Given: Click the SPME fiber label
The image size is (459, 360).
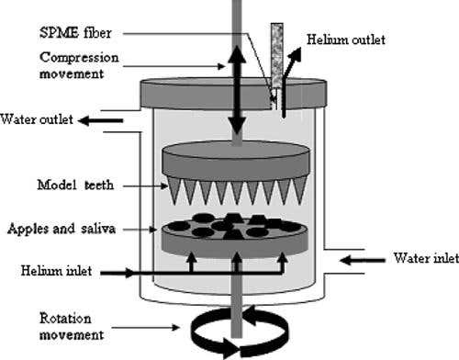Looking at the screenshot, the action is coord(75,33).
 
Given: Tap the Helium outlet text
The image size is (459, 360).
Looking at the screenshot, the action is coord(346,39).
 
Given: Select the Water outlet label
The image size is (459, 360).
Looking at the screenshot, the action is coord(37,119).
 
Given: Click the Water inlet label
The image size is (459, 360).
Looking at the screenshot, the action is coord(426,258).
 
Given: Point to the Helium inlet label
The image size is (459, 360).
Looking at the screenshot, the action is coord(56,271).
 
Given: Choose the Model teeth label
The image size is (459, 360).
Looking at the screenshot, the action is coord(75,185).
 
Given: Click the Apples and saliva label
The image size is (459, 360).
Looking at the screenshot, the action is coord(62,229).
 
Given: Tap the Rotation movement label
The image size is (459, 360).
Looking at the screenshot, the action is coord(72,327).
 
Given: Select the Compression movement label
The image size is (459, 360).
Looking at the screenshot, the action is coord(79,65).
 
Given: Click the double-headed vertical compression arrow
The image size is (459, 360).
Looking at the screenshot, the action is coord(237,91).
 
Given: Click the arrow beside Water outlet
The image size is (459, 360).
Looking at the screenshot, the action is coord(100,120).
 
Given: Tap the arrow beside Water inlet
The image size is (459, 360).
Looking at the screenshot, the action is coord(363,261).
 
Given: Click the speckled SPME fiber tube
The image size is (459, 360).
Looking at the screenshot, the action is coord(276,55).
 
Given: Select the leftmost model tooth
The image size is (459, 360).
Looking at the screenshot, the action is coord(174,191).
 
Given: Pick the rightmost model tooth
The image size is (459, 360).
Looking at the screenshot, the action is coord(301,191).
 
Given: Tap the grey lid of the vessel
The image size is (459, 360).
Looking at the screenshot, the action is coord(233,94).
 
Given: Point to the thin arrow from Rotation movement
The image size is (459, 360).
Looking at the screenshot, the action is coord(145,328).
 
